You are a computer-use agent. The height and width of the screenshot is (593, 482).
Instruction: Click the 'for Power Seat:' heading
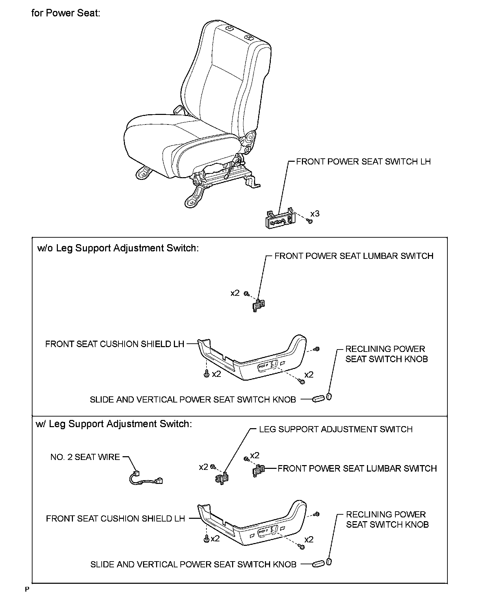65,13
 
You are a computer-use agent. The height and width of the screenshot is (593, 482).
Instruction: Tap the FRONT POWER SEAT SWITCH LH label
363,161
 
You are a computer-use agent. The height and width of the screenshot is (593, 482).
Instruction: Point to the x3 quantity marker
315,214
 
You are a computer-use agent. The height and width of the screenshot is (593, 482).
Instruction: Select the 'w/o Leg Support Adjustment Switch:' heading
117,248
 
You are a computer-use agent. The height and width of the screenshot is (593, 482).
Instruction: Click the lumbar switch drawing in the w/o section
259,305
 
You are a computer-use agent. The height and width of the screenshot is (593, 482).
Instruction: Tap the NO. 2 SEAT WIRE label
85,457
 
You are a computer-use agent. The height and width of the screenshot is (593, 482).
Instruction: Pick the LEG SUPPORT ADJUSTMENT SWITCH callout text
335,429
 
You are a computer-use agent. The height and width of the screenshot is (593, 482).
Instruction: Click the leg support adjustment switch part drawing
222,479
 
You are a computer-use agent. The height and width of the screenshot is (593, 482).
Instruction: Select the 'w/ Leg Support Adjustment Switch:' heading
114,424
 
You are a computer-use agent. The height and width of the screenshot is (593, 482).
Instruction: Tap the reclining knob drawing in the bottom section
329,561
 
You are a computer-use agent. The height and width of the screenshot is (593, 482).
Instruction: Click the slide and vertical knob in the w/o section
318,399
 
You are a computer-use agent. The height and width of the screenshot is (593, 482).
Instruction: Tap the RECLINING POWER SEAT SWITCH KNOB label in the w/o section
386,354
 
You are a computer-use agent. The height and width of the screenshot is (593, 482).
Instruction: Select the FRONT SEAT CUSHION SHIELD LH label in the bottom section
115,518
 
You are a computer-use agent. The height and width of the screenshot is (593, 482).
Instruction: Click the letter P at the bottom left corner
26,589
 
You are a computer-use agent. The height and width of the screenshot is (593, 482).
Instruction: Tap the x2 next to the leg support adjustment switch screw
203,467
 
